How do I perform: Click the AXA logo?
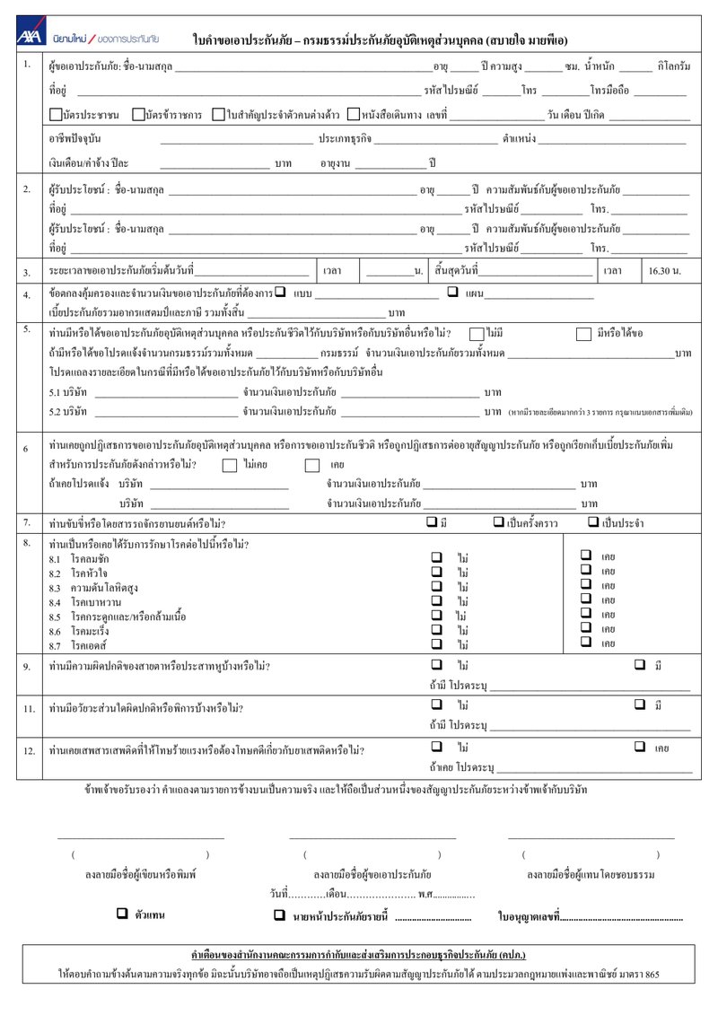[x=31, y=37]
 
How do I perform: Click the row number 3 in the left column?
[x=27, y=272]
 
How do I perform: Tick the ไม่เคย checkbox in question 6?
[x=229, y=465]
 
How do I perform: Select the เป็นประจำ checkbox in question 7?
[x=593, y=522]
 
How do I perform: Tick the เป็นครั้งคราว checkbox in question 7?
[x=498, y=522]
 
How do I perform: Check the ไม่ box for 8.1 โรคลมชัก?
[x=437, y=556]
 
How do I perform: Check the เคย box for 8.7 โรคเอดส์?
[x=586, y=642]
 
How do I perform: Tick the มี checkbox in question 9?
[x=640, y=665]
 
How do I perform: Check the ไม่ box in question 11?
[x=437, y=705]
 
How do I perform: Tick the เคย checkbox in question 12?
[x=640, y=746]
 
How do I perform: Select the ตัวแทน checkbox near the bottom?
[x=122, y=913]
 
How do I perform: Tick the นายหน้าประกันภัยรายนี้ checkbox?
[x=279, y=915]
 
